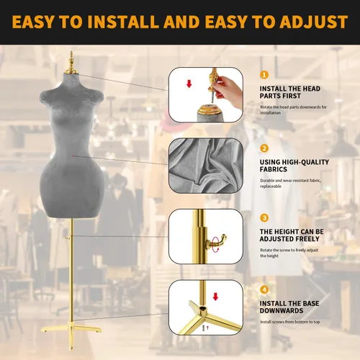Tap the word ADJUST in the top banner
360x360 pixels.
click(313, 22)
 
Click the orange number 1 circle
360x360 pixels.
click(264, 75)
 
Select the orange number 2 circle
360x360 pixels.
click(264, 148)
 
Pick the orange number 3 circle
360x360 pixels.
click(264, 218)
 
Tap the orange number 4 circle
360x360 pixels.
click(264, 289)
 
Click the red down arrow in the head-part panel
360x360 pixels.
click(189, 84)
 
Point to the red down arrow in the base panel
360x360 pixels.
click(215, 297)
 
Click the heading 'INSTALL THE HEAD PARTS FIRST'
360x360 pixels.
click(290, 92)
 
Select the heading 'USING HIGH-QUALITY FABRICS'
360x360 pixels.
click(294, 166)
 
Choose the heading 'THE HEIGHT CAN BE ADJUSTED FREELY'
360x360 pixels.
click(292, 235)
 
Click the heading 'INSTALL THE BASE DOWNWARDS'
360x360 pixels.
click(289, 307)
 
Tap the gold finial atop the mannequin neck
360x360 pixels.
click(71, 63)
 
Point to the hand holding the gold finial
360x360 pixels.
click(228, 91)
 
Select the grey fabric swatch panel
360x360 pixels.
click(206, 166)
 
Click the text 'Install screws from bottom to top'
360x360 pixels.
click(290, 322)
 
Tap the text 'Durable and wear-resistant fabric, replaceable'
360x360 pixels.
click(290, 184)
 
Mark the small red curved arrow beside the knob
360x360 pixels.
click(217, 250)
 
